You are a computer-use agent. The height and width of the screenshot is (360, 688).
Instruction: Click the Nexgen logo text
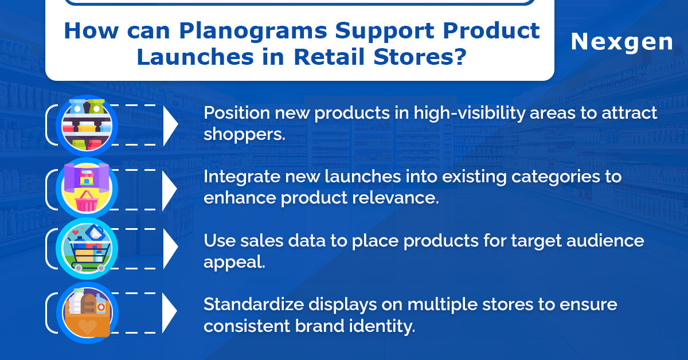(x=621, y=42)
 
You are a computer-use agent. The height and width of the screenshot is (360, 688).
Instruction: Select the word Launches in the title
(x=195, y=57)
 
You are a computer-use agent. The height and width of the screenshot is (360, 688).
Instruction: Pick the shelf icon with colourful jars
(x=87, y=126)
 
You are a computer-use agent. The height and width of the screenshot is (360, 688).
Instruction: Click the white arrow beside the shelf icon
(x=170, y=126)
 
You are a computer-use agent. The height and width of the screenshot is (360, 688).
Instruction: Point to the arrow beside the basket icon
(x=170, y=189)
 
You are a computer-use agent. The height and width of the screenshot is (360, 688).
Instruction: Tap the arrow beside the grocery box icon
(x=170, y=312)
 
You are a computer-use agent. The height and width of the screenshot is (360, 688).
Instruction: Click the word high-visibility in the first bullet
(x=470, y=113)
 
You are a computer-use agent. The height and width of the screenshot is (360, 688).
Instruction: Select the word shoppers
(x=244, y=135)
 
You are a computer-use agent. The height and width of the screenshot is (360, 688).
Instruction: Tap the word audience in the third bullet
(x=605, y=241)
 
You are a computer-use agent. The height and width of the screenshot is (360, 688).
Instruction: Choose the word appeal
(x=234, y=263)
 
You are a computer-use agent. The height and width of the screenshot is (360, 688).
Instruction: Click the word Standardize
(x=253, y=305)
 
